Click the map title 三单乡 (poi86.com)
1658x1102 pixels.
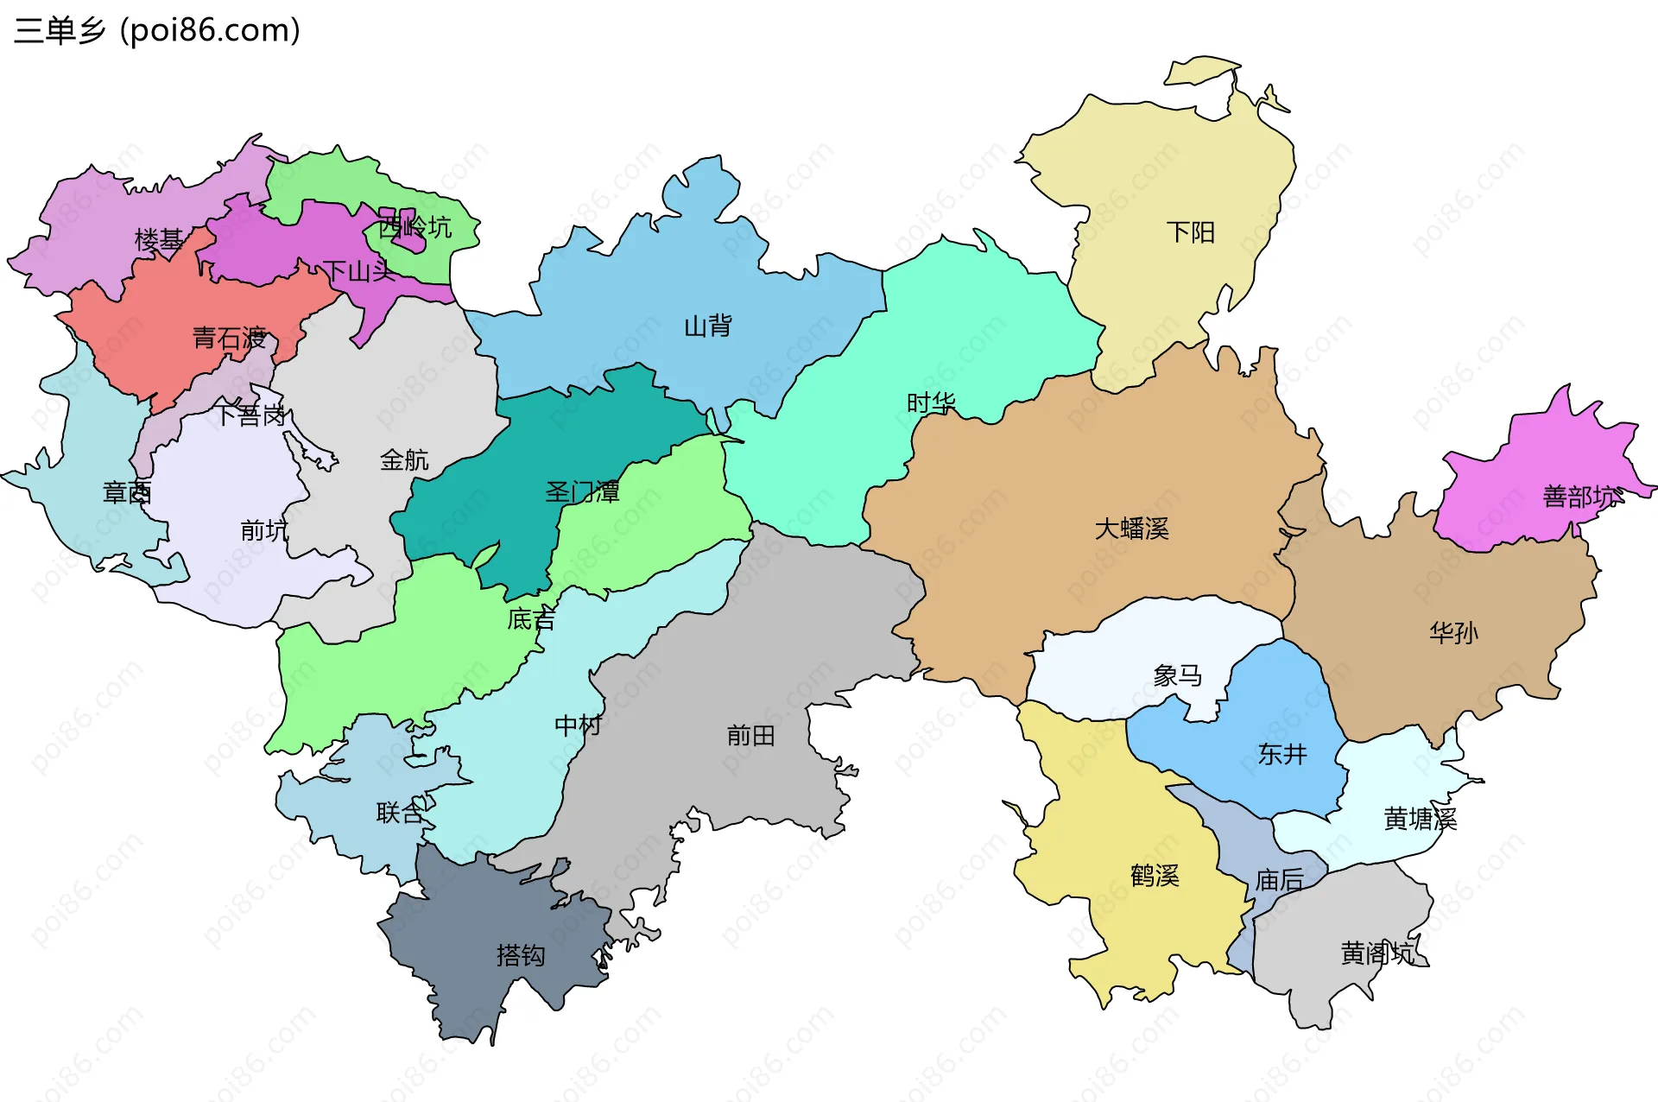click(157, 31)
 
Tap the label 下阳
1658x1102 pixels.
click(1190, 232)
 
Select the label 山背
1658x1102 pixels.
click(707, 326)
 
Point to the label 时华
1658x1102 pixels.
click(930, 403)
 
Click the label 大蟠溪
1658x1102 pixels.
click(1131, 529)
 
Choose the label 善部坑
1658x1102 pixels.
click(1579, 497)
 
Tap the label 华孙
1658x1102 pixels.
click(1453, 633)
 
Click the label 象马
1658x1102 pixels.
click(1177, 675)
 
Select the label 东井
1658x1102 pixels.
click(1281, 754)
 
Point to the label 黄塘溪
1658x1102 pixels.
click(1420, 819)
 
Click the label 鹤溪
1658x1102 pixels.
click(1155, 876)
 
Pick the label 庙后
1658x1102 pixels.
click(1279, 880)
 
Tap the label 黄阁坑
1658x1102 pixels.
click(1376, 953)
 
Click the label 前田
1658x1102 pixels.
click(750, 736)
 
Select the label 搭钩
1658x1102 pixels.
click(520, 955)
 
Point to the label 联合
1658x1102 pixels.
click(400, 813)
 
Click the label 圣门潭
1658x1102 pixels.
click(582, 492)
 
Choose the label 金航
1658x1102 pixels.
click(404, 459)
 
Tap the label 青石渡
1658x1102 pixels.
click(229, 338)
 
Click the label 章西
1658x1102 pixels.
click(127, 492)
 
